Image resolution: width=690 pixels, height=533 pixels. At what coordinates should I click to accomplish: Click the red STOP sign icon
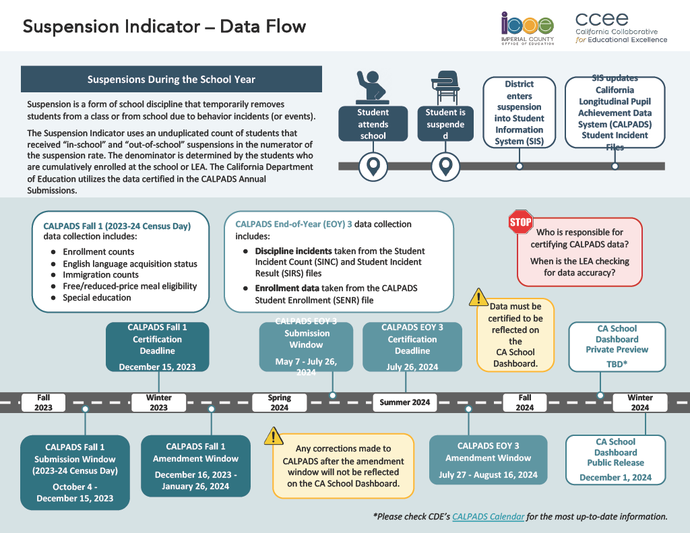point(520,222)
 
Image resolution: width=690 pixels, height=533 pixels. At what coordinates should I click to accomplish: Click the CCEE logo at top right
point(621,28)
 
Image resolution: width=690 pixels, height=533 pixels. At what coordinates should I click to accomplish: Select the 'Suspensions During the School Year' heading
point(171,80)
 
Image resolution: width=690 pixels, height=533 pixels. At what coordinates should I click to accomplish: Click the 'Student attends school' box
point(373,124)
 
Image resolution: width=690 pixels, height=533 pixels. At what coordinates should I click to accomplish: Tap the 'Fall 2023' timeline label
point(43,403)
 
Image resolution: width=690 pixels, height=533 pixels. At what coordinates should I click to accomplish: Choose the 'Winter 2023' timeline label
point(158,403)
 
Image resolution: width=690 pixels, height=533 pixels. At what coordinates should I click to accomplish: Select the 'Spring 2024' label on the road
point(279,403)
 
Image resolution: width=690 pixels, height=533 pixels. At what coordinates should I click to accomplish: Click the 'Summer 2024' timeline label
point(404,402)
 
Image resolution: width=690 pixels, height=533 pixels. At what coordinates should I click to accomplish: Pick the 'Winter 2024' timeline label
point(639,403)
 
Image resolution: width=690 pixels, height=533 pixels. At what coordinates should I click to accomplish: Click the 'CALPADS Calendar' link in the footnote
point(488,517)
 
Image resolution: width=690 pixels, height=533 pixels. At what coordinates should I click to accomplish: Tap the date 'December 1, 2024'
point(615,478)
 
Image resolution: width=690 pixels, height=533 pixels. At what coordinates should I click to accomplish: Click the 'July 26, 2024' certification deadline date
point(412,367)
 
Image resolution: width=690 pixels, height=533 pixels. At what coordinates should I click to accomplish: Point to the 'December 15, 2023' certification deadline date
point(157,367)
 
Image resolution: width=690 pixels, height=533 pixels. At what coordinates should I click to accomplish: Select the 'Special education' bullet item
point(96,297)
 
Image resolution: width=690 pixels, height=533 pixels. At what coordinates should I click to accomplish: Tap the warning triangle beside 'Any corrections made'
point(273,436)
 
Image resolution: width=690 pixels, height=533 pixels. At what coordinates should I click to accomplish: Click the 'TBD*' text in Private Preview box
point(617,365)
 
